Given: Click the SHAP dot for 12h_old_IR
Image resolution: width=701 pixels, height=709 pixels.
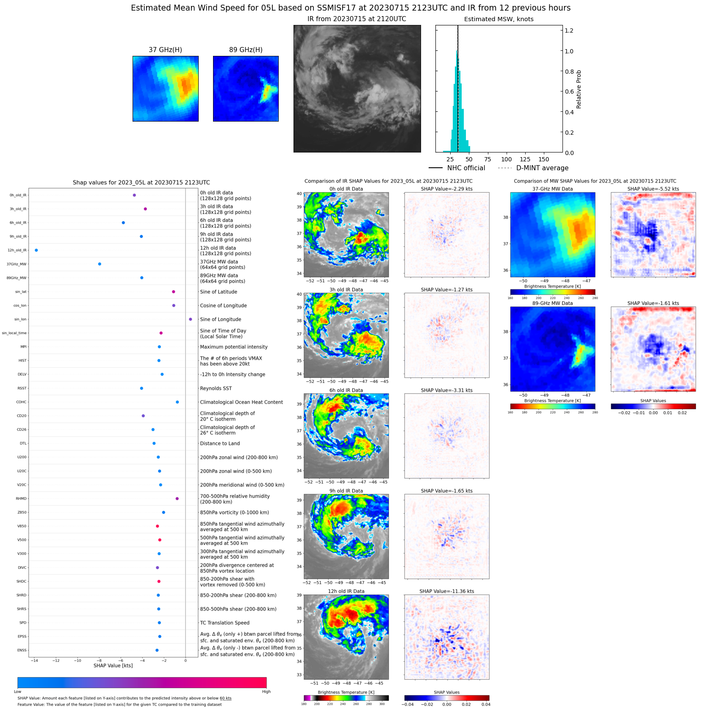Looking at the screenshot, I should (36, 250).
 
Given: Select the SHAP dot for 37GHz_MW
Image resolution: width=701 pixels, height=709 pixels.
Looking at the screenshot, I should (100, 264).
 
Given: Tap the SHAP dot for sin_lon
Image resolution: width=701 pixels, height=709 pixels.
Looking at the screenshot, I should (190, 319).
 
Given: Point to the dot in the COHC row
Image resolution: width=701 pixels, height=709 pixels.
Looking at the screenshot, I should (177, 402).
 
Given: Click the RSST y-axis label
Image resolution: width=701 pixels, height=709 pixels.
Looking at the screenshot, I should (22, 388).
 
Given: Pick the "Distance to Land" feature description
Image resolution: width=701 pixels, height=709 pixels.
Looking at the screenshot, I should (220, 443).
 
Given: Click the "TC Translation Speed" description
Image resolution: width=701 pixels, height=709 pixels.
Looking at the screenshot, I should (224, 623).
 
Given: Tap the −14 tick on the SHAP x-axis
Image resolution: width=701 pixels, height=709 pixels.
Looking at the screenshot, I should (34, 660).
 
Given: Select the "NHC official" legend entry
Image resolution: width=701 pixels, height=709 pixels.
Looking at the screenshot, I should (466, 168).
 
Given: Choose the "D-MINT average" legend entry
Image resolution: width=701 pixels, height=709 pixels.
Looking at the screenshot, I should (542, 168).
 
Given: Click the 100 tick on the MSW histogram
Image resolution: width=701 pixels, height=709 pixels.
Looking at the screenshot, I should (506, 160).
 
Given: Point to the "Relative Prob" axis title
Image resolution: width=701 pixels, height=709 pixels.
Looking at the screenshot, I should (579, 89).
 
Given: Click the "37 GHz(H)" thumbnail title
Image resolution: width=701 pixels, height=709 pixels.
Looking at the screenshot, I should (165, 50).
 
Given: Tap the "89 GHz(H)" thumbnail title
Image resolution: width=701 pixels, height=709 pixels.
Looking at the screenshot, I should (246, 50).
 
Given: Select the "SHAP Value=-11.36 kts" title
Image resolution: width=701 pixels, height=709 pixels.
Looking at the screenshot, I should (446, 591).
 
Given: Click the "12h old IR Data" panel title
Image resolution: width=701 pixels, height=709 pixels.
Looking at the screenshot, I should (346, 591).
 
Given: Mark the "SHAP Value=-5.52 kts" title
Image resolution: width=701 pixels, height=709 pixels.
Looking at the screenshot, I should (653, 189).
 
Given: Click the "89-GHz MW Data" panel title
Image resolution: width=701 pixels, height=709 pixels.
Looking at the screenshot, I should (552, 303).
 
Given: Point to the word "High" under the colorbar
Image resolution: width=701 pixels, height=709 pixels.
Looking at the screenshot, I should (266, 692).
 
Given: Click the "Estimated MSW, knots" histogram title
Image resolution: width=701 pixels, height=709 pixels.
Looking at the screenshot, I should (499, 19).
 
